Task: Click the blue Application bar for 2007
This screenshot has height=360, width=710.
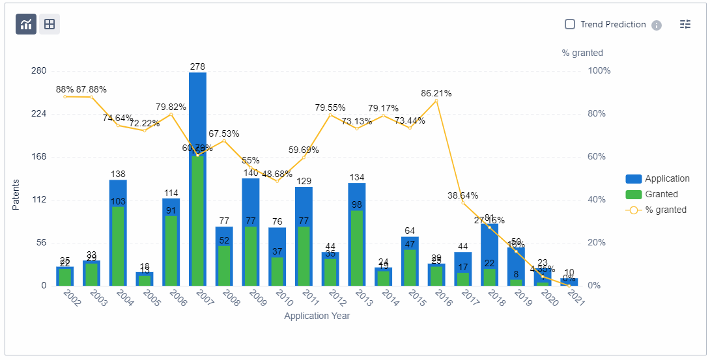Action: pyautogui.click(x=197, y=111)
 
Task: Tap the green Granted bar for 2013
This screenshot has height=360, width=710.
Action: pyautogui.click(x=356, y=248)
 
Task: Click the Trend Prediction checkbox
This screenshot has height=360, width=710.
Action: pyautogui.click(x=570, y=24)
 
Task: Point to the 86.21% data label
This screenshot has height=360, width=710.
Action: pyautogui.click(x=436, y=93)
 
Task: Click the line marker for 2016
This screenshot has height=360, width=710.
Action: pyautogui.click(x=436, y=101)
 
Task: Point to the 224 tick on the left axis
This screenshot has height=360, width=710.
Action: pyautogui.click(x=38, y=113)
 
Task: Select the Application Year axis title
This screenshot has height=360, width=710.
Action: pyautogui.click(x=317, y=316)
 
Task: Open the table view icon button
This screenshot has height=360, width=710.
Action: pyautogui.click(x=50, y=24)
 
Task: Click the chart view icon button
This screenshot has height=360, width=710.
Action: pyautogui.click(x=26, y=24)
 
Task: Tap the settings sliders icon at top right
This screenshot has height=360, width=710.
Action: pyautogui.click(x=685, y=24)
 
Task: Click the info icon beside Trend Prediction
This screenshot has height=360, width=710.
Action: pyautogui.click(x=657, y=25)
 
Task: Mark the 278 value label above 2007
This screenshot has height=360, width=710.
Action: pyautogui.click(x=197, y=66)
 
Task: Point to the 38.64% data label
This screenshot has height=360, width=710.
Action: pyautogui.click(x=463, y=195)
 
